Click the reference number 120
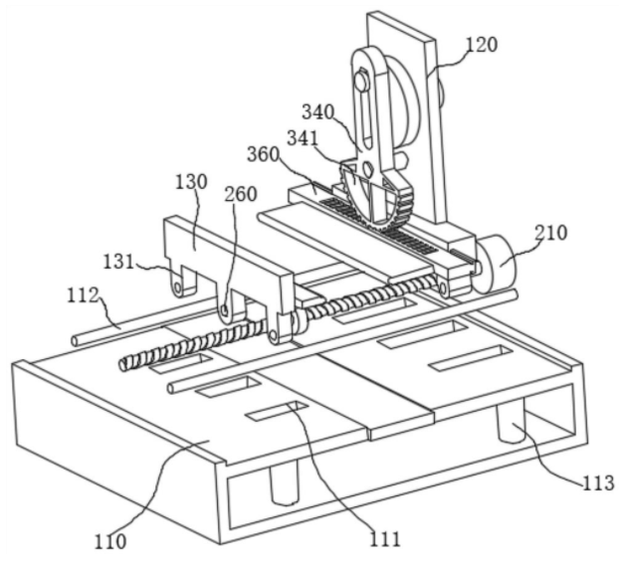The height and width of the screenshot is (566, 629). pyautogui.click(x=481, y=45)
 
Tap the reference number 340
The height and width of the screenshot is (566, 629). pyautogui.click(x=317, y=112)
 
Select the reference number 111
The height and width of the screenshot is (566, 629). pyautogui.click(x=384, y=538)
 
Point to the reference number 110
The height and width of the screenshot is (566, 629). pyautogui.click(x=110, y=542)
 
